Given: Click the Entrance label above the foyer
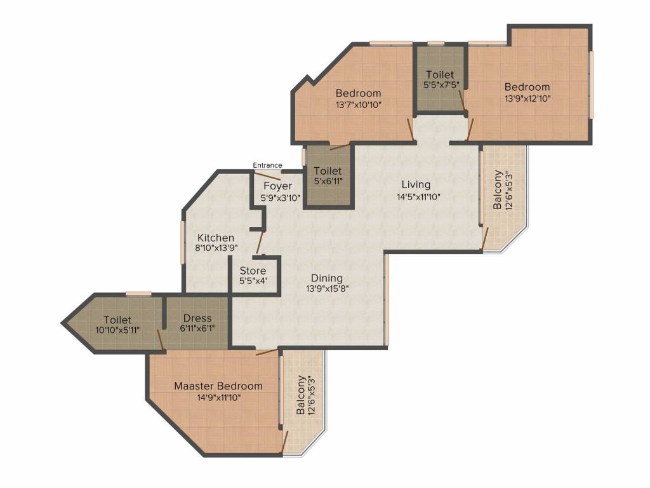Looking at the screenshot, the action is point(267,165).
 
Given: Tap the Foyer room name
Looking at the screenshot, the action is point(278,186).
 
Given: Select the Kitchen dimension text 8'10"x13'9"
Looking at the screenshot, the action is point(216,248).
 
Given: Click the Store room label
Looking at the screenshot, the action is point(253,271).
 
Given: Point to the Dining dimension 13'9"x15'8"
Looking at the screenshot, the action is point(327,289).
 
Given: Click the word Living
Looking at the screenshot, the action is point(416,185).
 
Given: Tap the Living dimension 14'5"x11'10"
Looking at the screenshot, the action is point(418,197).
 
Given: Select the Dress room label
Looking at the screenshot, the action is point(197,318).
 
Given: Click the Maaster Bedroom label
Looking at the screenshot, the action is point(218,386).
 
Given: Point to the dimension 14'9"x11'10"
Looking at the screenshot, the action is point(219,398).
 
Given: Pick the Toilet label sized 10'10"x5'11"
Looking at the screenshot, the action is point(117,320).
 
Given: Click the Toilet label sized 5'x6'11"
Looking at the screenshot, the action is point(328,170).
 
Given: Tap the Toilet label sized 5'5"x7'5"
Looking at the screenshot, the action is point(440,75).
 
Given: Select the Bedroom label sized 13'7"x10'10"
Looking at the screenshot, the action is point(358,93).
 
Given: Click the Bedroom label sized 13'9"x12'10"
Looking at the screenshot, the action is point(527,87).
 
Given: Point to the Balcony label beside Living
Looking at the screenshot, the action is point(498,189).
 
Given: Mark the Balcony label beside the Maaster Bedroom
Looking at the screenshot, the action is point(301,395).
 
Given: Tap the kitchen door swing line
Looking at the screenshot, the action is point(260,242).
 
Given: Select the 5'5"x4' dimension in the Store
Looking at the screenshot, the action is point(253,281).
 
